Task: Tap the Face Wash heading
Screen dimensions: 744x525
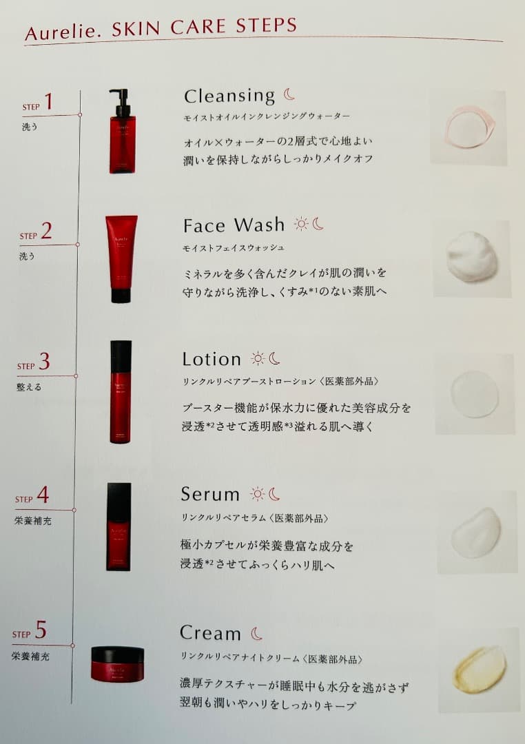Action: (234, 225)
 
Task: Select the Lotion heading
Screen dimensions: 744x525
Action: (212, 359)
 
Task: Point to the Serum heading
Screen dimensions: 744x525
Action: (210, 494)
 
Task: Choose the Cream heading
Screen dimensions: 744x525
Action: (210, 632)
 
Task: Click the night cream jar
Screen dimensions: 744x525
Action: (117, 663)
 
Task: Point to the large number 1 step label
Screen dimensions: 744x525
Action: (48, 103)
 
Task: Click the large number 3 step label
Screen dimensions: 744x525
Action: (45, 362)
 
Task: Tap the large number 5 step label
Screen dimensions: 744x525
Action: (41, 630)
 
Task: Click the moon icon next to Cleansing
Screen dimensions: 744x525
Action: (289, 95)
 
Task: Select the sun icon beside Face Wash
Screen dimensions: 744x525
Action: (300, 224)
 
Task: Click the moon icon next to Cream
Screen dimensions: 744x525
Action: (256, 633)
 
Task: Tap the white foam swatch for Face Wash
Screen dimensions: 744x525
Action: (472, 257)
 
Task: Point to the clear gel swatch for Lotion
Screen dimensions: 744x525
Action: (475, 394)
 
